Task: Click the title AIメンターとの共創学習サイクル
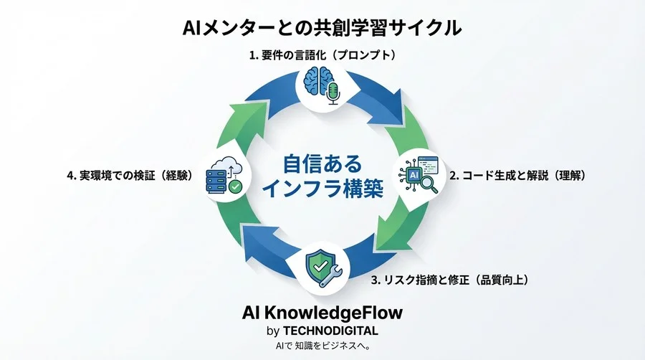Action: pos(322,28)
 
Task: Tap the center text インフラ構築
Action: pos(321,189)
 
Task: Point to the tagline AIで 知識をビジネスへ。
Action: pos(322,346)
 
